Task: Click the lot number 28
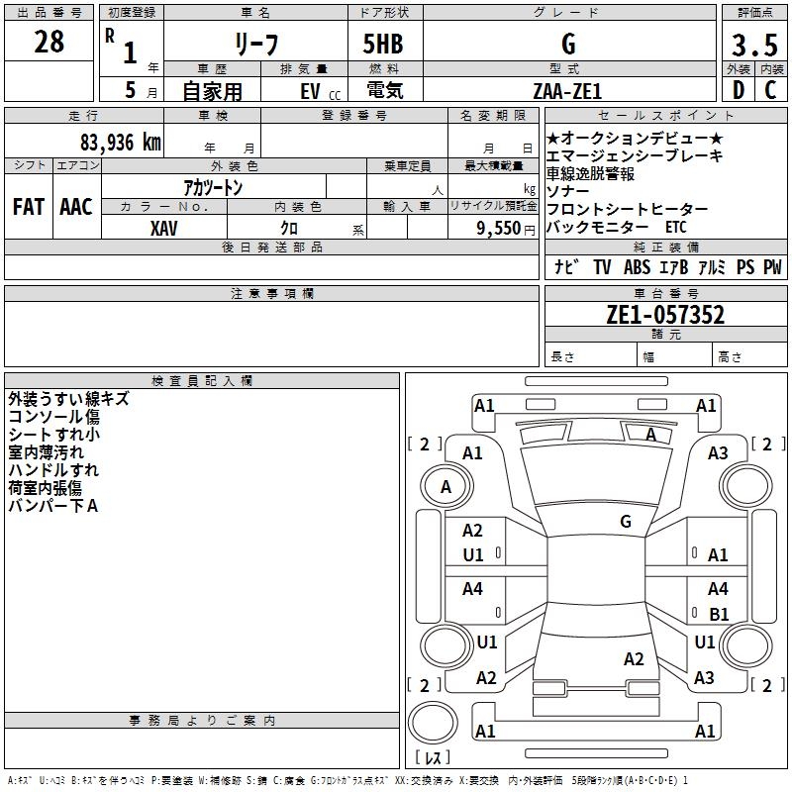(49, 42)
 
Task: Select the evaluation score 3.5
(753, 46)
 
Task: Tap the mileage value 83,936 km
(120, 143)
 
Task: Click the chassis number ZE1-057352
(665, 316)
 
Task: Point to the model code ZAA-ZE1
(569, 91)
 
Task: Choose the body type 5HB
(382, 46)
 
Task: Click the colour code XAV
(164, 228)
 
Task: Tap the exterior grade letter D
(738, 91)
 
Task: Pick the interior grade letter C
(770, 91)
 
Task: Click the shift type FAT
(28, 207)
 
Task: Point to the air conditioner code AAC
(75, 207)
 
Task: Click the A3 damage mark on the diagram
(718, 453)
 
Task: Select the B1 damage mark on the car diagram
(719, 614)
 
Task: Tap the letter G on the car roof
(626, 521)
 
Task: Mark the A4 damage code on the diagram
(472, 589)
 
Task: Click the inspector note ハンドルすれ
(53, 470)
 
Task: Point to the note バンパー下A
(53, 506)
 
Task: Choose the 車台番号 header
(665, 294)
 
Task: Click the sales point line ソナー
(568, 191)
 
